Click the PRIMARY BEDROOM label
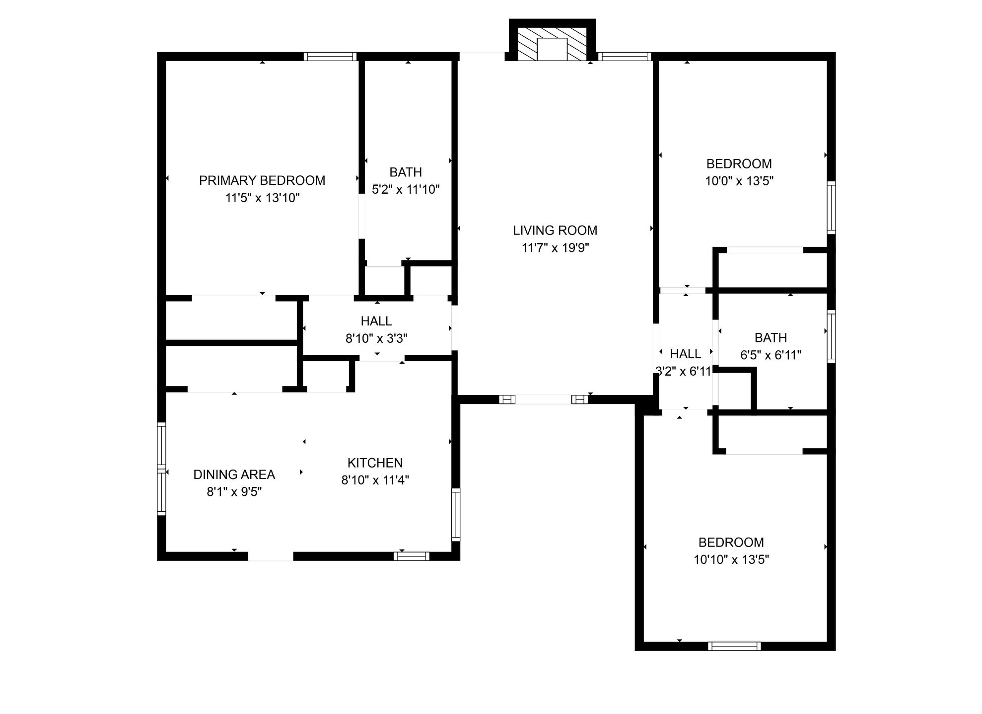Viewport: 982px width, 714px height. [262, 180]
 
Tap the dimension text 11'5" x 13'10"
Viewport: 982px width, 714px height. [262, 198]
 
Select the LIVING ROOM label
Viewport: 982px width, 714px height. [555, 231]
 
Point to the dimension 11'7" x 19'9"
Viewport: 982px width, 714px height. [555, 248]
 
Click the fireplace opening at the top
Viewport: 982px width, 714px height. [552, 49]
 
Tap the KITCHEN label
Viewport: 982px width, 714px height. [375, 463]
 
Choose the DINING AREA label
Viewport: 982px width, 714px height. [234, 475]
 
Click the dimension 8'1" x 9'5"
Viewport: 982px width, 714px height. [234, 492]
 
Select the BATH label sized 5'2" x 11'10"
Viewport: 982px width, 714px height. [406, 172]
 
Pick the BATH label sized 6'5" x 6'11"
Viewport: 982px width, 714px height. [771, 338]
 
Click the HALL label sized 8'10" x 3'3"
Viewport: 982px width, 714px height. [376, 321]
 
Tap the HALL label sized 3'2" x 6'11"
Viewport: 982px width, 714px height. [686, 354]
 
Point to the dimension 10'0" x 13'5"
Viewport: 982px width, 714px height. [739, 181]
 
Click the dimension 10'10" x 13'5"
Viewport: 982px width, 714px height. [731, 560]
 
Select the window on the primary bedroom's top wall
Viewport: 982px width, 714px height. [330, 57]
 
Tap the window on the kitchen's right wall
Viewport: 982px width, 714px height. [456, 515]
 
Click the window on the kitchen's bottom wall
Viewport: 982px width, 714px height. [412, 556]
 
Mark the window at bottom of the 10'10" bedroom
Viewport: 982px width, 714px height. [734, 646]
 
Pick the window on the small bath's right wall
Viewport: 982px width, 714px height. [831, 336]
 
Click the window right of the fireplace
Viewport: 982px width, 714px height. [625, 57]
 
